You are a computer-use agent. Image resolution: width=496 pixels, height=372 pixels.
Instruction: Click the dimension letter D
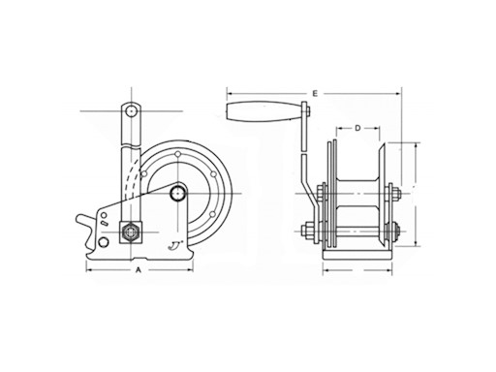pyautogui.click(x=356, y=127)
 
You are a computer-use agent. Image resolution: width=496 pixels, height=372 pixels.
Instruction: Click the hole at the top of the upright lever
pyautogui.click(x=127, y=114)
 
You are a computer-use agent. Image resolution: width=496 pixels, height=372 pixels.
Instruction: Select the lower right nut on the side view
pyautogui.click(x=395, y=232)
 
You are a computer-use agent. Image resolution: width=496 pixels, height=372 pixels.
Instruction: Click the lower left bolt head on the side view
pyautogui.click(x=306, y=232)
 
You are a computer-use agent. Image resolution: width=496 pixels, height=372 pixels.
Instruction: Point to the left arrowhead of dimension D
pyautogui.click(x=339, y=127)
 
